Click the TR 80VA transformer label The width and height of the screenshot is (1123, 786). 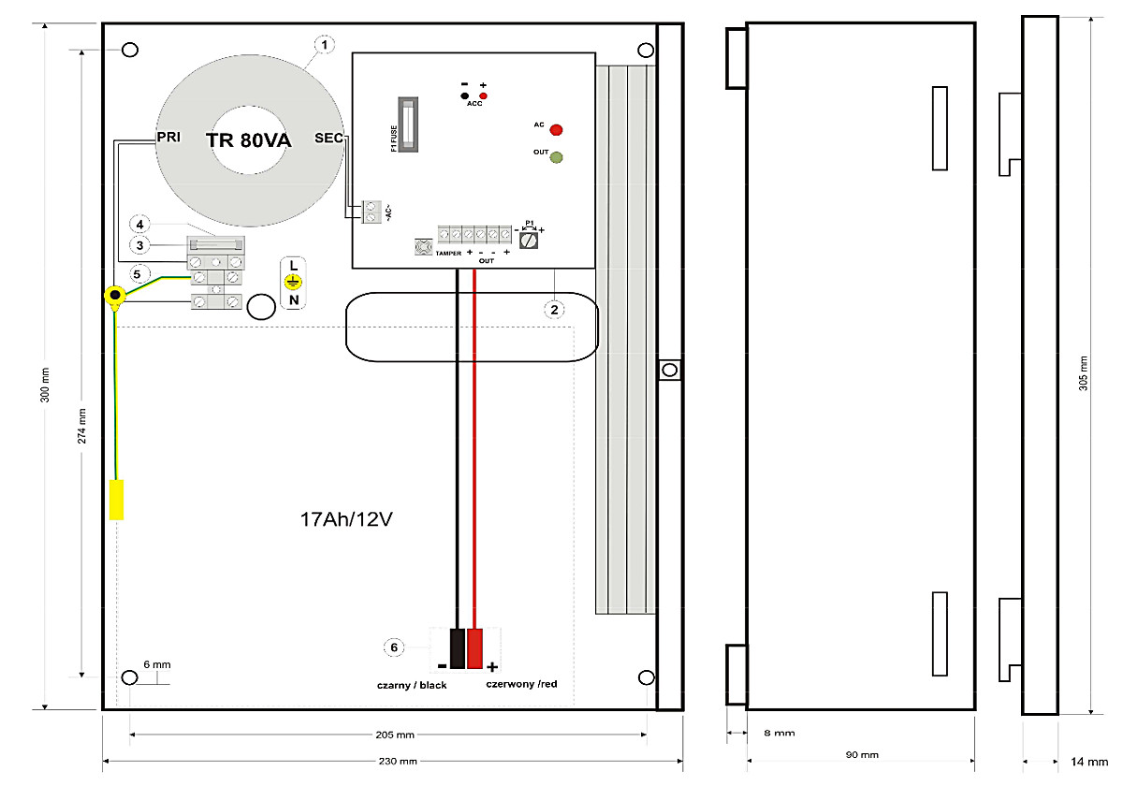(249, 140)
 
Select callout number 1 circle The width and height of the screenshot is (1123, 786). (324, 44)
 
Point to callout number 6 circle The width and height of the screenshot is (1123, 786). (394, 647)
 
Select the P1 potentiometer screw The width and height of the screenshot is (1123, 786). (530, 240)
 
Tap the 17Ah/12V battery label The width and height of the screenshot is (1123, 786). (345, 519)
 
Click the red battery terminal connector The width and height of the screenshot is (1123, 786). (475, 648)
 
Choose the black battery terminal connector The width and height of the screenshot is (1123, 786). (457, 648)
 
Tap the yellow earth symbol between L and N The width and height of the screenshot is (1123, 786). (293, 282)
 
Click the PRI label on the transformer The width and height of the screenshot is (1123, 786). (168, 137)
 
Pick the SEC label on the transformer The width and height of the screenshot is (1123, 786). (328, 137)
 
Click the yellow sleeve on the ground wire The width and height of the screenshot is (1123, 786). (116, 500)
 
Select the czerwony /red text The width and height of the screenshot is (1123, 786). (521, 684)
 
